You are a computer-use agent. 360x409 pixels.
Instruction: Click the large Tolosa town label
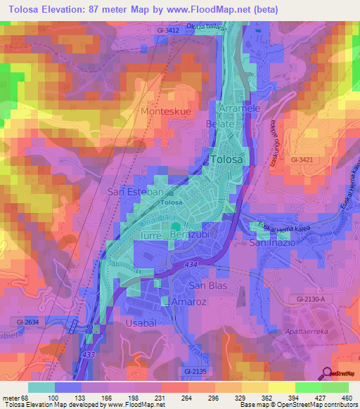[228, 160]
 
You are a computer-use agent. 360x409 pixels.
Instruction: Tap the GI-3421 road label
[303, 160]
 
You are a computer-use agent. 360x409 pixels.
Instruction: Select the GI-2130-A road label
[314, 299]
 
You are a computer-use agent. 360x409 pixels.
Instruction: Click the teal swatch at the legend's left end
[41, 387]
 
